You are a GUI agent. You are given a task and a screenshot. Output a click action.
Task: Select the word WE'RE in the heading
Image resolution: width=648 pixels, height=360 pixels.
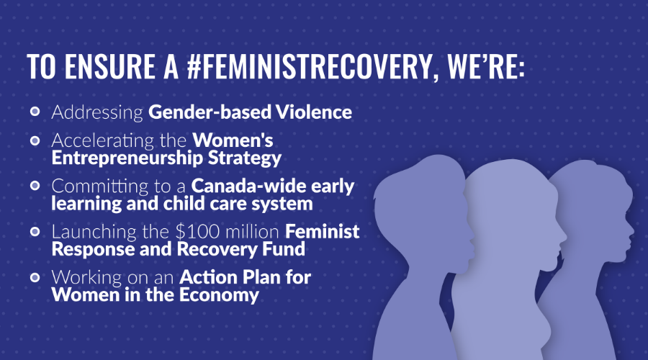pos(486,66)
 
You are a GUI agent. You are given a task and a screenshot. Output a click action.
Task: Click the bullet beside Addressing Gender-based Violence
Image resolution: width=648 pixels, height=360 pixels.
pos(35,112)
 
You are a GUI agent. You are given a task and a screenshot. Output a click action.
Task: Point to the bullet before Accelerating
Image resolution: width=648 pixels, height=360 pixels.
pos(35,140)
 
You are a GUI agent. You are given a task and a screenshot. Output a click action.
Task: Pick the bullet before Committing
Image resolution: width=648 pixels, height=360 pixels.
pos(35,186)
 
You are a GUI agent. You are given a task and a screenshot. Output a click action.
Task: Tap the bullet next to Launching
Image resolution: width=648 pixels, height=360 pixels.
pos(35,231)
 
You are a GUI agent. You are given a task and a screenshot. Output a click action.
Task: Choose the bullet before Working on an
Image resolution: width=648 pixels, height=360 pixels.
pos(35,277)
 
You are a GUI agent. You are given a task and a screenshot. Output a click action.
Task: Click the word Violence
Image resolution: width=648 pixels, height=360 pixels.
pos(314,112)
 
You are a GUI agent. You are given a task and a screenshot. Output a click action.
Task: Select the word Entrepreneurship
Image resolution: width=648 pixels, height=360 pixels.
pos(127,158)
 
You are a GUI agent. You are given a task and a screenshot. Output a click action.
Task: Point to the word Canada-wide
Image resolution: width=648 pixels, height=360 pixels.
pos(248,186)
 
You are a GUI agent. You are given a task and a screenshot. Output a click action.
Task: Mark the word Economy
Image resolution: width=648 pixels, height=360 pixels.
pos(219,295)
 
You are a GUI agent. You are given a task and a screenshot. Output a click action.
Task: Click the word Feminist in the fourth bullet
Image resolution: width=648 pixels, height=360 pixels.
pos(323,231)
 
